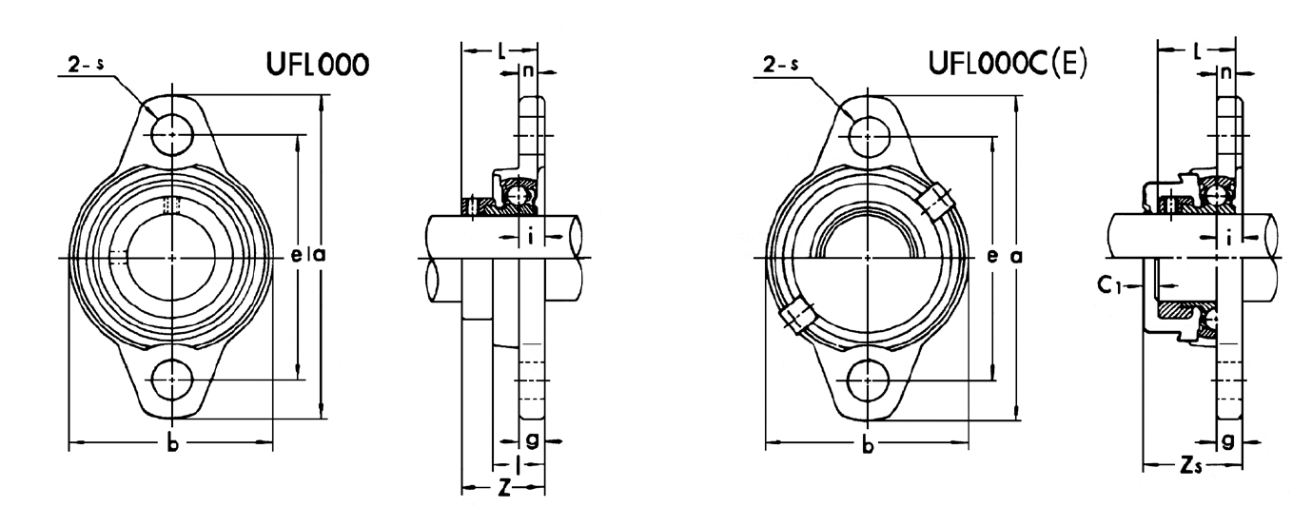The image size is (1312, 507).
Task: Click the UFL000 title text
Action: pos(318,65)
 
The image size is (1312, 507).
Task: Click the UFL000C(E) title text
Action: pos(1008,63)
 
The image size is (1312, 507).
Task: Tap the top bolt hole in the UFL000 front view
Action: pos(172,135)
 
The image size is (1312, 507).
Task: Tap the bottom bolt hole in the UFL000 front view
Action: pos(172,380)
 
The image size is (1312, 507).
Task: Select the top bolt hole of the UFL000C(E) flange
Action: pos(868,137)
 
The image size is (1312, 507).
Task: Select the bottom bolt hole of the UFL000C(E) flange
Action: pos(868,380)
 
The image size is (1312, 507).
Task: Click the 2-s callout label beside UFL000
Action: pos(86,65)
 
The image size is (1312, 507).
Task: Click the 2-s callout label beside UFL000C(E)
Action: pos(780,65)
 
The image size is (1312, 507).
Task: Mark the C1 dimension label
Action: pos(1107,285)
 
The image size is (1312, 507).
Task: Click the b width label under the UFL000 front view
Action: pos(172,444)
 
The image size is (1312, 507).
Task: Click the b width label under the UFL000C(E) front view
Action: pos(868,445)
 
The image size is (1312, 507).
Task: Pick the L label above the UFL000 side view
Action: pos(502,51)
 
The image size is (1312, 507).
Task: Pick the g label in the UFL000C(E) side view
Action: pos(1228,440)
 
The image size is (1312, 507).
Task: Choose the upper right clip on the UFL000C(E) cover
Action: pos(935,203)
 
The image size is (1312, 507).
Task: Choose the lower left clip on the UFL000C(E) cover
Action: pos(796,316)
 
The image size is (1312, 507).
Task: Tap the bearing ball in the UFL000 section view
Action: pos(516,195)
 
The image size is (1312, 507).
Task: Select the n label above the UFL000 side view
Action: pos(529,71)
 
